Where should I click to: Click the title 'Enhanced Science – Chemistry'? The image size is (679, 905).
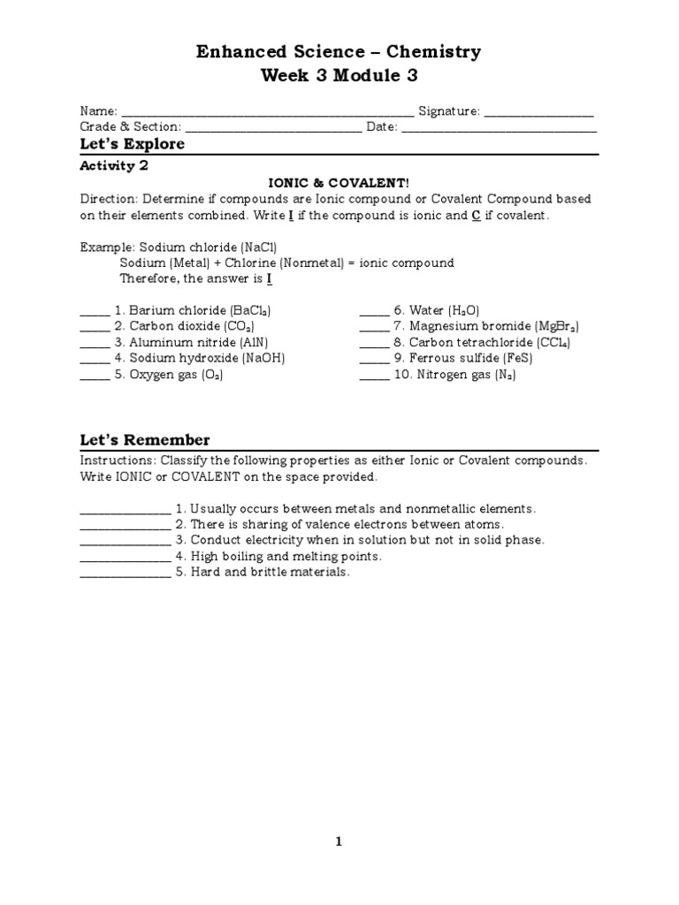[x=339, y=52]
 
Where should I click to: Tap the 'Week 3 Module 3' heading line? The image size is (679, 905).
[x=339, y=76]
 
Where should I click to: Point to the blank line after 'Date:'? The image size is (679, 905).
[x=500, y=129]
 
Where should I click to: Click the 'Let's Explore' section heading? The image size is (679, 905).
[x=133, y=144]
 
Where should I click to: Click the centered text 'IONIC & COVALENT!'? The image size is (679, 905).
[x=339, y=183]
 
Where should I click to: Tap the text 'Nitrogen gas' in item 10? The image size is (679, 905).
[x=450, y=375]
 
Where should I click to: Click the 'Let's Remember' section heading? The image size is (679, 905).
[x=145, y=440]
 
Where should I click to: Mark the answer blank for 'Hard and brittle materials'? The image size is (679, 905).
[x=125, y=574]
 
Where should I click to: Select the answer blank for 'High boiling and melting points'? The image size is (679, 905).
[x=125, y=559]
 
